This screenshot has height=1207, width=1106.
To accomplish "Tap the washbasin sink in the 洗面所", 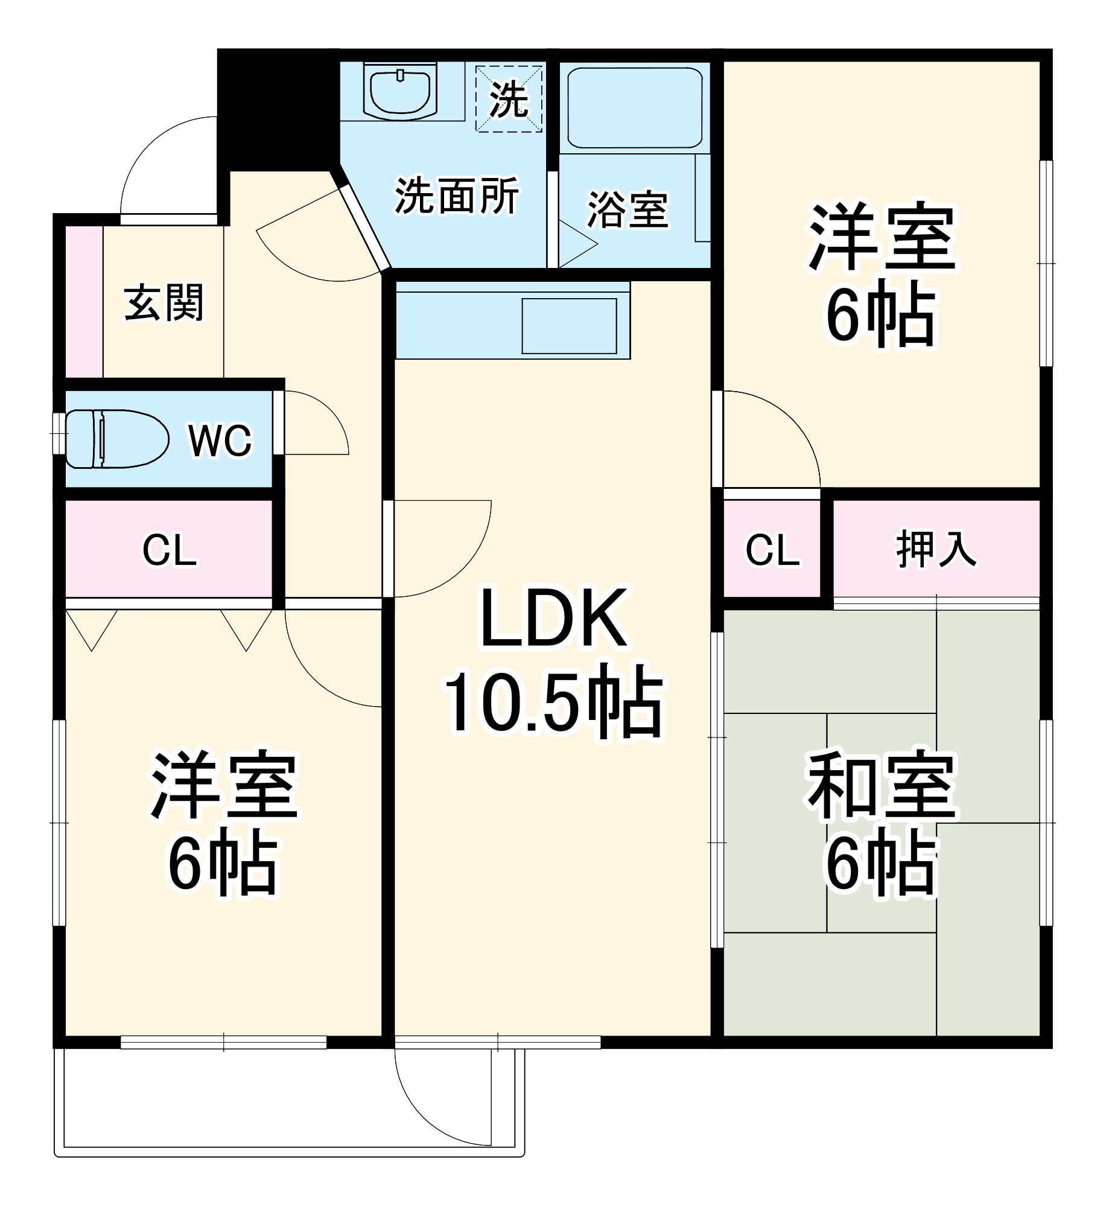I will [399, 92].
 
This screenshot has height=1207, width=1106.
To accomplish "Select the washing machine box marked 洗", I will [509, 99].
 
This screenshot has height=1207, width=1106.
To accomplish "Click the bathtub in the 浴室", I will [634, 108].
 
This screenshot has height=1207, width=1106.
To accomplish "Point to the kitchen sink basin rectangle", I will [569, 326].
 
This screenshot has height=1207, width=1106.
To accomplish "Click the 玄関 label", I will [164, 302].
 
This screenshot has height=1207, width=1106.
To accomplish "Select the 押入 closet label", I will [936, 549].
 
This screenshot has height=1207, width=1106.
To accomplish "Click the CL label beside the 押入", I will [772, 549].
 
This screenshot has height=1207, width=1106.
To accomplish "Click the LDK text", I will [553, 618].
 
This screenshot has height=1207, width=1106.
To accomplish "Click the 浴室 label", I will [628, 210].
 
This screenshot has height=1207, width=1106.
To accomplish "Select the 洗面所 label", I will [457, 196].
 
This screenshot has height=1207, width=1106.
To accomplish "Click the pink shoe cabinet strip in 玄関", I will [84, 302].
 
